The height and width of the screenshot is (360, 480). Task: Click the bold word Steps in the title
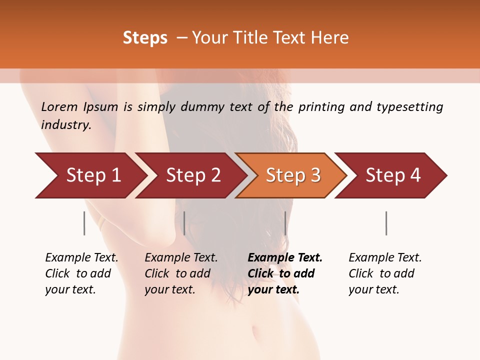point(145,38)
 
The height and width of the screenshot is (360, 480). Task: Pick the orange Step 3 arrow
point(292,175)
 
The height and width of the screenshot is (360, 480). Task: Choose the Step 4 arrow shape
point(393,175)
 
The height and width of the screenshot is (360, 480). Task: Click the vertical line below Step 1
point(84,223)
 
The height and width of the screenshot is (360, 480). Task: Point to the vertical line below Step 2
point(184,223)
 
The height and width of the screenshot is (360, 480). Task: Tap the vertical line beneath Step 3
point(285,223)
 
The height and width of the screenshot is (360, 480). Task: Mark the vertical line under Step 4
point(386,223)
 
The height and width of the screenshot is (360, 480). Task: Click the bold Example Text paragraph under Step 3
point(285,273)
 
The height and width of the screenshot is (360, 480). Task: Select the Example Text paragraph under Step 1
point(81,273)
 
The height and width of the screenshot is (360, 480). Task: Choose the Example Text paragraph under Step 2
point(181,273)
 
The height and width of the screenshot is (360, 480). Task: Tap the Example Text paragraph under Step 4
point(385,273)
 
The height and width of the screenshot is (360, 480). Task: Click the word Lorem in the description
point(59,107)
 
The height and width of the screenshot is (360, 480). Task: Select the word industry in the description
point(65,125)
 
